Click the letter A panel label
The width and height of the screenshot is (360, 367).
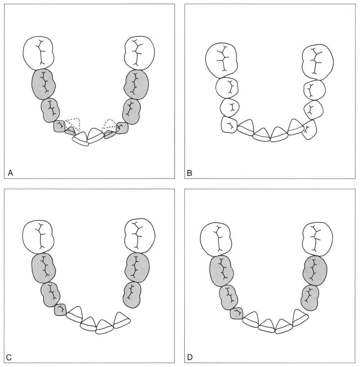pyautogui.click(x=10, y=173)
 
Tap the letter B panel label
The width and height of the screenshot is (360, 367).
pyautogui.click(x=189, y=173)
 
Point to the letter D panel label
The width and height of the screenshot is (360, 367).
pyautogui.click(x=190, y=357)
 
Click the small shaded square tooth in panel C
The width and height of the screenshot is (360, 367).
pyautogui.click(x=60, y=309)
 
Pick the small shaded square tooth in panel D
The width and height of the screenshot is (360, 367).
pyautogui.click(x=237, y=313)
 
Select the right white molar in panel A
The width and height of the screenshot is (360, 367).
pyautogui.click(x=140, y=53)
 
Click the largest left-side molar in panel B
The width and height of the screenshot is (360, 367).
pyautogui.click(x=221, y=60)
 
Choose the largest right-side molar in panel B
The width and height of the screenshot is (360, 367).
pyautogui.click(x=318, y=62)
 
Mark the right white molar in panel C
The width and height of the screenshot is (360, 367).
pyautogui.click(x=140, y=236)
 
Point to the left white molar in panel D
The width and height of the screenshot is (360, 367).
pyautogui.click(x=215, y=240)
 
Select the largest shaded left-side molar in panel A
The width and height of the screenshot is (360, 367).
pyautogui.click(x=44, y=84)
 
